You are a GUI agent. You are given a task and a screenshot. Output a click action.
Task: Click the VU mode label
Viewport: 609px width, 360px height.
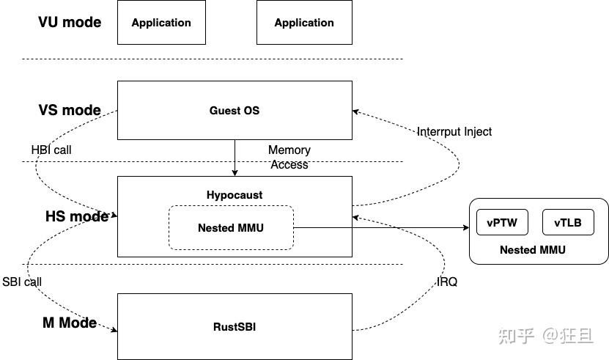tap(70, 21)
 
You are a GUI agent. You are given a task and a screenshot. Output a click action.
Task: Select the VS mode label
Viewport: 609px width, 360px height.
tap(70, 111)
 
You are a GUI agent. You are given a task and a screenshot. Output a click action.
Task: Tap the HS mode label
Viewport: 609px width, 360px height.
tap(76, 216)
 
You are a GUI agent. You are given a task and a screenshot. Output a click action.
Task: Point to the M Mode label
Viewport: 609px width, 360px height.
tap(69, 323)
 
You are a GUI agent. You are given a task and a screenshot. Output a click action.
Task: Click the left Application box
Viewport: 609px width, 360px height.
tap(161, 23)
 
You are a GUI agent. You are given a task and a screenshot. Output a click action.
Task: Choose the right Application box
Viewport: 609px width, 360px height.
tap(304, 23)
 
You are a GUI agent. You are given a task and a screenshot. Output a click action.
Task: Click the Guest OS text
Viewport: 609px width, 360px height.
tap(235, 111)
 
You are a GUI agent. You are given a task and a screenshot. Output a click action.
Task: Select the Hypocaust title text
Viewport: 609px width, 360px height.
tap(235, 195)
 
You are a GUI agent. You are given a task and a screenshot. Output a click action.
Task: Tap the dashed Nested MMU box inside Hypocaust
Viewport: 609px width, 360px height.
tap(231, 227)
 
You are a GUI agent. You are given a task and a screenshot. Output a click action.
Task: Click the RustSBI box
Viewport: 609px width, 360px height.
tap(235, 327)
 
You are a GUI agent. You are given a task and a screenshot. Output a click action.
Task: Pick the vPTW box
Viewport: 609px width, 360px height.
tap(502, 223)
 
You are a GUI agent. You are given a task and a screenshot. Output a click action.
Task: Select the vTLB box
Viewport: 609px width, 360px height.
tap(568, 223)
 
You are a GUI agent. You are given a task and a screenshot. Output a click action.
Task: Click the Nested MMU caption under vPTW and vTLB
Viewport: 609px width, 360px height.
tap(533, 250)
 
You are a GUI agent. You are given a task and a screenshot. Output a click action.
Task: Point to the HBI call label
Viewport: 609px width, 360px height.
tap(51, 150)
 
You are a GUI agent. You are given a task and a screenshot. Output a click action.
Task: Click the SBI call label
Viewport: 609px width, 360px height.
tap(22, 282)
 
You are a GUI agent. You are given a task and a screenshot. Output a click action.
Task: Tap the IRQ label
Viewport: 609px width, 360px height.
tap(447, 282)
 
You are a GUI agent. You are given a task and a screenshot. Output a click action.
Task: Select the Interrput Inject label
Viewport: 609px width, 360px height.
tap(454, 132)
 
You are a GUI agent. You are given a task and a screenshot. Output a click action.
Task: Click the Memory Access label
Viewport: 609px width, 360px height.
tap(289, 157)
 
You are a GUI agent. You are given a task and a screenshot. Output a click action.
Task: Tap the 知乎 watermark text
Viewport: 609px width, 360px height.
tap(514, 335)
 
